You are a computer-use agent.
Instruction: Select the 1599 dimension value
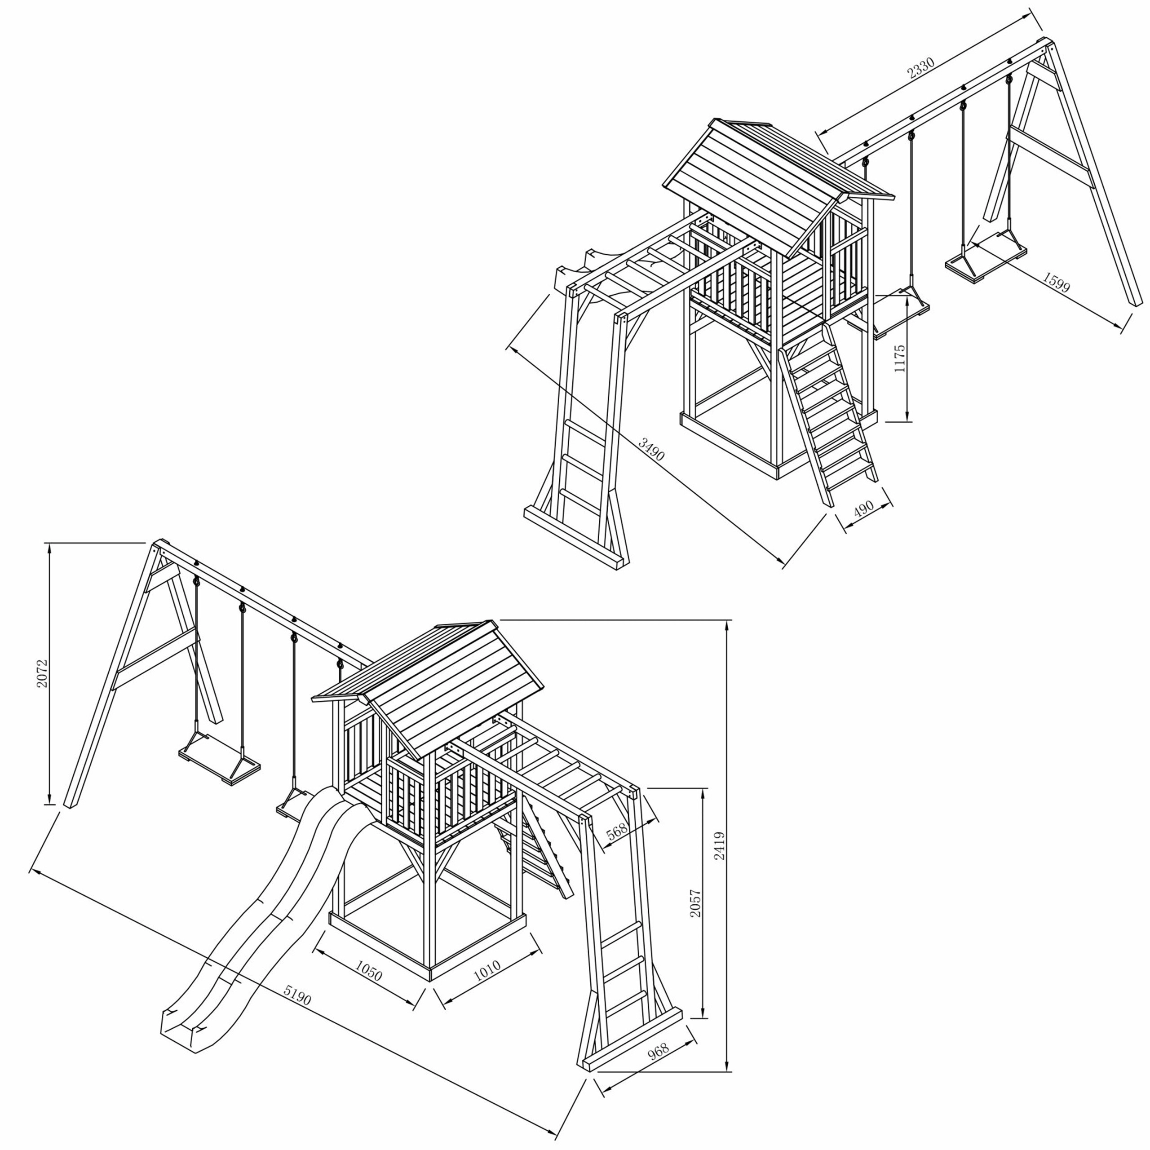(1056, 283)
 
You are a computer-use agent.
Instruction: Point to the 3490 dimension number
(651, 449)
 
